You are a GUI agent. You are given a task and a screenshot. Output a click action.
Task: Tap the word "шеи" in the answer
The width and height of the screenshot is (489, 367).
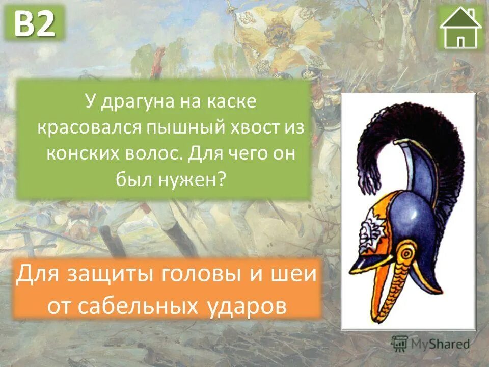tap(294, 276)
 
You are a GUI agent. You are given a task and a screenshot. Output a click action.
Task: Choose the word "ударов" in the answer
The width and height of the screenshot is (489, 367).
tap(247, 305)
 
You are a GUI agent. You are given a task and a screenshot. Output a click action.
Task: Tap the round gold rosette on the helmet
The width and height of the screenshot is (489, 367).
tap(406, 252)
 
